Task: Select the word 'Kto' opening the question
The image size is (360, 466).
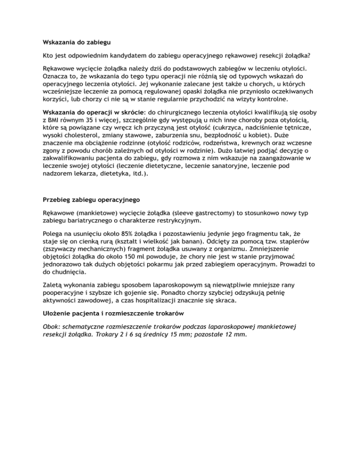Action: (x=49, y=56)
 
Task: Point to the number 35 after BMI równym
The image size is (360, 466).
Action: (x=102, y=122)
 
